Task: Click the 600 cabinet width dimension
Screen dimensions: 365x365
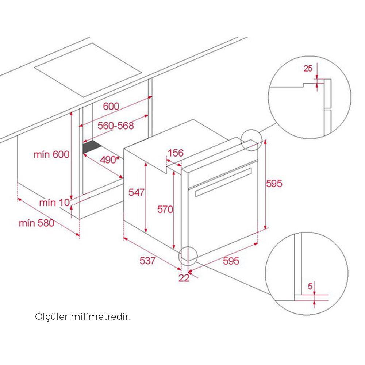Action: click(x=111, y=106)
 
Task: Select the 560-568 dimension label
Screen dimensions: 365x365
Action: click(x=116, y=126)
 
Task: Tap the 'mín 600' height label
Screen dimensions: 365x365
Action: click(x=51, y=155)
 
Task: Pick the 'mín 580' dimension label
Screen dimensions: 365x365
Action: click(x=36, y=222)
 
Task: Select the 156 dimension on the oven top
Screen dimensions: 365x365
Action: click(x=175, y=153)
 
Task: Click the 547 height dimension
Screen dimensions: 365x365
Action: click(x=137, y=192)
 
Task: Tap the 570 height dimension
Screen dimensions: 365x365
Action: click(x=165, y=209)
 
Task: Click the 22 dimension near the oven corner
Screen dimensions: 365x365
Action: click(x=184, y=278)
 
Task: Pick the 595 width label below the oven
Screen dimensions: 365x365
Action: click(x=231, y=261)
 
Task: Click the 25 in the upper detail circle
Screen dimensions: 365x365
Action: click(x=308, y=68)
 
